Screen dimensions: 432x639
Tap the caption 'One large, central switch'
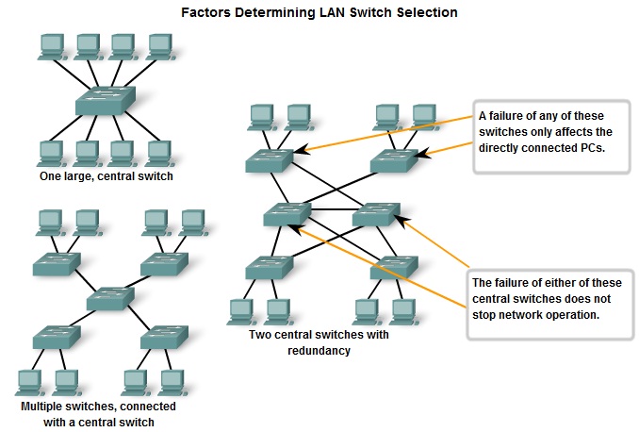[x=106, y=175]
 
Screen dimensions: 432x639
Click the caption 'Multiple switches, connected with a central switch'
[x=98, y=414]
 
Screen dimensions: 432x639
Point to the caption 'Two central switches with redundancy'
[x=319, y=342]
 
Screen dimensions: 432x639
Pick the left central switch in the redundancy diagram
[x=287, y=216]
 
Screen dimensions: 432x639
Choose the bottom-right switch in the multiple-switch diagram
[x=158, y=338]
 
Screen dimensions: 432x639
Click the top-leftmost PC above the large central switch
[x=50, y=45]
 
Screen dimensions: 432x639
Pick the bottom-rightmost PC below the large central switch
[x=158, y=151]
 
